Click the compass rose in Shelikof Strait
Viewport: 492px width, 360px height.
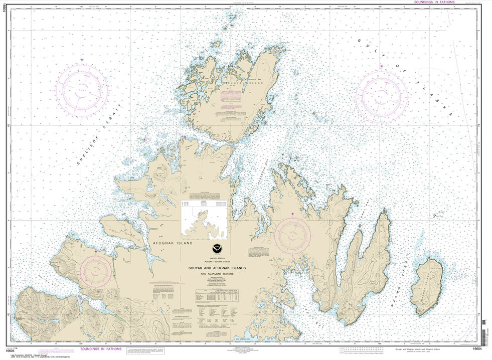[82, 91]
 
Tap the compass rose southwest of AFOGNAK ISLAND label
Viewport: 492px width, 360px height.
[95, 270]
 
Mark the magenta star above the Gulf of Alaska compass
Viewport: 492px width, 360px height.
[381, 66]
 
